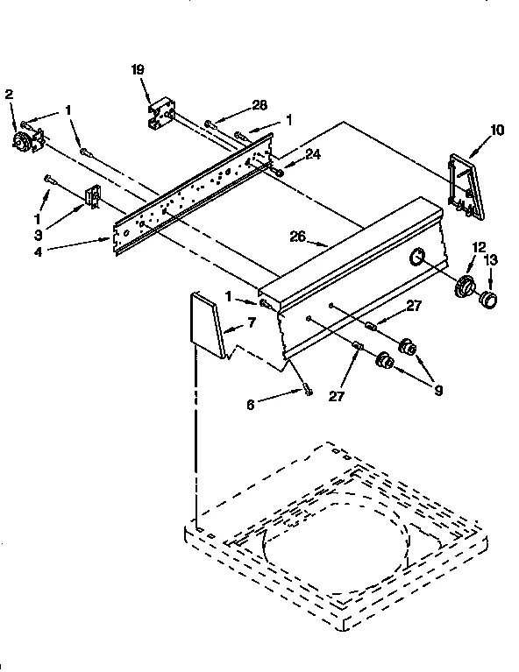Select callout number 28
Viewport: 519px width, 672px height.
click(259, 106)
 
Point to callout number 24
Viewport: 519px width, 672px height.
click(289, 155)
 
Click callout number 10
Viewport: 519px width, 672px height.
click(496, 131)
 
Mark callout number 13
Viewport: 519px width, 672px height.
click(490, 259)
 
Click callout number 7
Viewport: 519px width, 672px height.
click(251, 324)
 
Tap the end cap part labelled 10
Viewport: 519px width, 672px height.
click(465, 186)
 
